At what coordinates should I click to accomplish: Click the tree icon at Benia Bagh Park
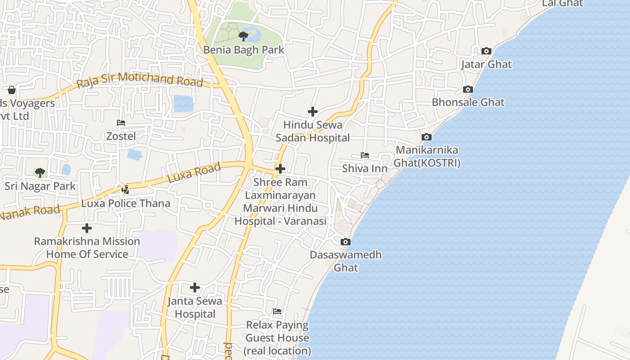(x=243, y=36)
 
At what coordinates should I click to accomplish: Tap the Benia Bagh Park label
(x=243, y=49)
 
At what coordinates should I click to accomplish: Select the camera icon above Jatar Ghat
(x=486, y=51)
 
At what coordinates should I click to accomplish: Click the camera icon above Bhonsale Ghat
(x=468, y=89)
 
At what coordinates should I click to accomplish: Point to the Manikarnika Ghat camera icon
(x=427, y=137)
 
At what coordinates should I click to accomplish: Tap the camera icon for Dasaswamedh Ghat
(x=345, y=242)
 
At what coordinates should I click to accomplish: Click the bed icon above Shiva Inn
(x=364, y=155)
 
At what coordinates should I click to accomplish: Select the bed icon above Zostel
(x=121, y=123)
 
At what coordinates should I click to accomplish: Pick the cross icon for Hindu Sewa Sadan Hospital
(x=312, y=112)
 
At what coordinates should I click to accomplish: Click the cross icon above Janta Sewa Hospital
(x=195, y=288)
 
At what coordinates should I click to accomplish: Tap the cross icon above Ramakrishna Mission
(x=87, y=228)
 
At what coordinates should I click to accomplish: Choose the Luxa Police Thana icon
(x=126, y=190)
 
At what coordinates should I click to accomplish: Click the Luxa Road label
(x=194, y=173)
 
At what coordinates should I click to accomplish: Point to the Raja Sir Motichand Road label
(x=139, y=80)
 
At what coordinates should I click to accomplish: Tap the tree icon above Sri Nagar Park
(x=40, y=172)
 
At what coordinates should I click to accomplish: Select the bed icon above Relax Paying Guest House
(x=277, y=311)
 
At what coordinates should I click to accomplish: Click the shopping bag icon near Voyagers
(x=12, y=90)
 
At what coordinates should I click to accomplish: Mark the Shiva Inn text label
(x=364, y=168)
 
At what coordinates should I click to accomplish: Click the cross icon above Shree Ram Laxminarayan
(x=280, y=169)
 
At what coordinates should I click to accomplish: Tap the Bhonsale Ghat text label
(x=468, y=102)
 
